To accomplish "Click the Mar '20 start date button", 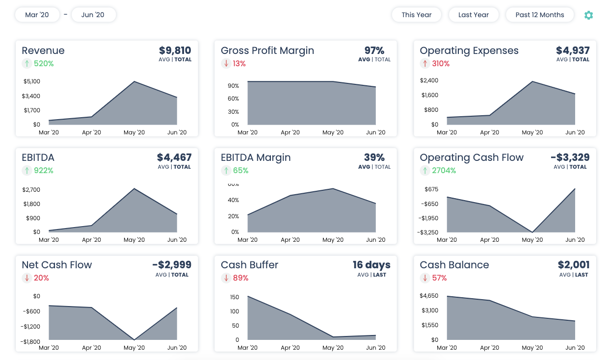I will pos(37,15).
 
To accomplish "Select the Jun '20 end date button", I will pos(93,15).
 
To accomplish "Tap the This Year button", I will pos(416,15).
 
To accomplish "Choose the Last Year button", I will pos(473,15).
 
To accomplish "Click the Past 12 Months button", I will pos(539,15).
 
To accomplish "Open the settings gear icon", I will pos(588,15).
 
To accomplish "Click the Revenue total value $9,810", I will pos(175,51).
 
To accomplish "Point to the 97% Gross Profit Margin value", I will pos(374,51).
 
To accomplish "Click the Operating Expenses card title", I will pos(469,51).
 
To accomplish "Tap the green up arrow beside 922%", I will pos(26,171).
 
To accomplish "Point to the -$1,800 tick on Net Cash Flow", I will pos(30,342).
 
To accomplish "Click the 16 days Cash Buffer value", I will pos(371,265).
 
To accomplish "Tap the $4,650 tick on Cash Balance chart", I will pos(429,296).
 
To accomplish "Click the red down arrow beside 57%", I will pos(424,278).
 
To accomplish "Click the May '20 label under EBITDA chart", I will pos(134,240).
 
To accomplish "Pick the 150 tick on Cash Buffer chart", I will pos(234,297).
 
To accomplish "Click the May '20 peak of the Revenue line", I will pos(134,81).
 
